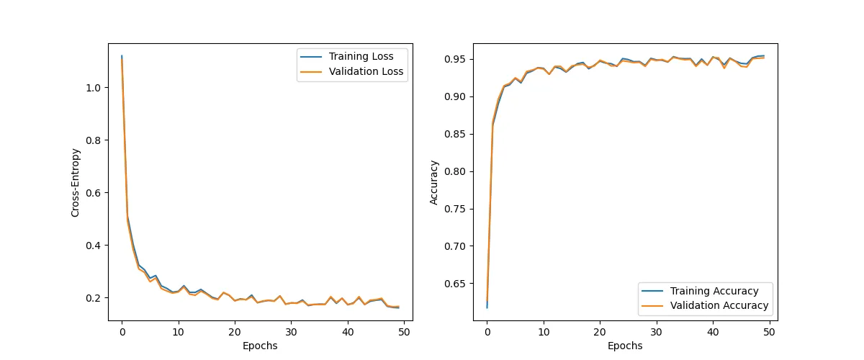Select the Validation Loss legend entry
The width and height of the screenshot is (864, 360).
[x=366, y=72]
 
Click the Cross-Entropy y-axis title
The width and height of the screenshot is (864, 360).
[x=75, y=182]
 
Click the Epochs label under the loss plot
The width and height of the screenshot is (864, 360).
[x=260, y=346]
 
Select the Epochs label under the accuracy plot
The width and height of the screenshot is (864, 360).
[x=625, y=346]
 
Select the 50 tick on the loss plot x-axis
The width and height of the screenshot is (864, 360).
[x=404, y=332]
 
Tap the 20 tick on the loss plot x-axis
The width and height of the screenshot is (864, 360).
[x=235, y=332]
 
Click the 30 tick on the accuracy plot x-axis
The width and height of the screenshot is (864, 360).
[x=656, y=332]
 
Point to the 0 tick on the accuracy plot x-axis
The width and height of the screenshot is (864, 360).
[x=487, y=332]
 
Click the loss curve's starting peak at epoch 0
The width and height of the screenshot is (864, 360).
[x=122, y=56]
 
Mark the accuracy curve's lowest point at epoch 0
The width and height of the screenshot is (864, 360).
[x=487, y=307]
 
